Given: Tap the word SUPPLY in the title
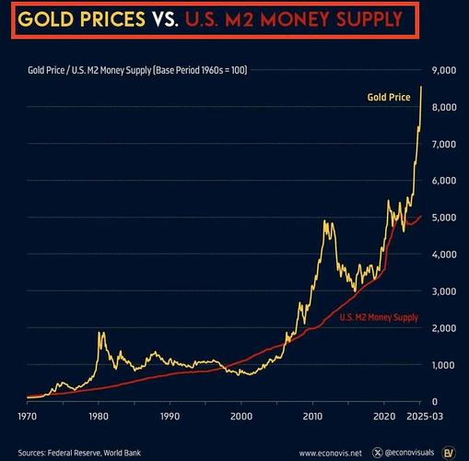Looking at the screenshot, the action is click(369, 19).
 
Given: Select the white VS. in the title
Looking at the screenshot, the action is click(166, 19).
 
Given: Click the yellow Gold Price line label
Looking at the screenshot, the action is click(389, 97).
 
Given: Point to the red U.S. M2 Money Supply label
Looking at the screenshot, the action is click(379, 317).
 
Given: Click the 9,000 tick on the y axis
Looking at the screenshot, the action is click(444, 70).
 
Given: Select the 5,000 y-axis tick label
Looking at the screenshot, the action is click(444, 218).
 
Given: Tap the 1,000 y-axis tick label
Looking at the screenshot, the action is click(444, 365).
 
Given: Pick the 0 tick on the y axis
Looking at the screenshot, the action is click(435, 402).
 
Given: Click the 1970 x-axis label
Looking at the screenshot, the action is click(28, 417).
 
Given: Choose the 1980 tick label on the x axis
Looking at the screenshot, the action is click(99, 417).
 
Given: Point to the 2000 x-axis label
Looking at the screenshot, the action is click(241, 417).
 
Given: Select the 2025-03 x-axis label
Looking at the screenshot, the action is click(425, 417).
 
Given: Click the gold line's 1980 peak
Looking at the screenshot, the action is click(100, 332).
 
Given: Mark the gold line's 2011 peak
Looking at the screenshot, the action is click(324, 220).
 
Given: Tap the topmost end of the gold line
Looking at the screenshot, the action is click(421, 87).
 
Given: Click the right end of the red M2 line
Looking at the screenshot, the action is click(421, 216).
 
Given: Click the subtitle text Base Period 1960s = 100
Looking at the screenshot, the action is click(201, 70).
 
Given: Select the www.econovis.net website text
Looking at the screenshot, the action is click(331, 454).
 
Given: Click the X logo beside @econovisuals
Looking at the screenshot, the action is click(378, 453).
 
